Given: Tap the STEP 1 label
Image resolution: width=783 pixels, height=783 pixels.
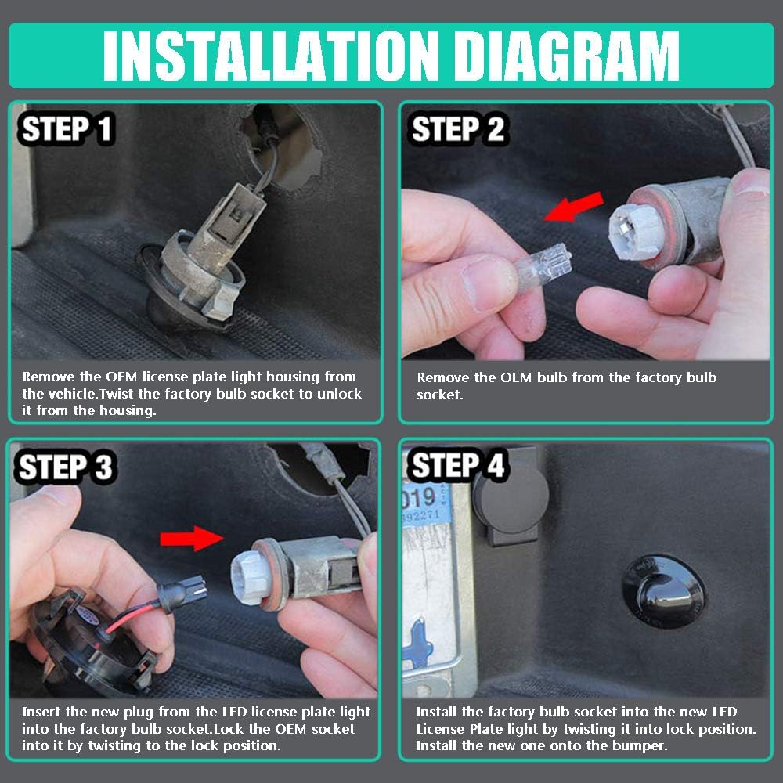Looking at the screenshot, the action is pos(67,129).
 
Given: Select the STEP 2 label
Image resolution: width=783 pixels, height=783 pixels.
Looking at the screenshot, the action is pos(457,129).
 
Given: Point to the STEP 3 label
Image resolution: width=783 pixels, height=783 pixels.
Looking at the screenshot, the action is pos(66,467).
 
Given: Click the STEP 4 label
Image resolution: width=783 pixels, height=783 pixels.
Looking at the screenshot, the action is pos(457,465).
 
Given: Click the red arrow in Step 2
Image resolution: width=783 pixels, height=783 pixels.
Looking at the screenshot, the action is pos(574,207).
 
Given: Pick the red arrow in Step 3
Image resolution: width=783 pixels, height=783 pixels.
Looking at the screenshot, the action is pos(192,539).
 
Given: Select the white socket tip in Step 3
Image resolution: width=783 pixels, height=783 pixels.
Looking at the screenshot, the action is pos(252,574).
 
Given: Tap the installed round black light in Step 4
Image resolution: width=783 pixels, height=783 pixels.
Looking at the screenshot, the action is pos(664,591).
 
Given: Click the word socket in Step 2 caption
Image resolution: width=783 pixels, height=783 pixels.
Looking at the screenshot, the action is pos(439,395).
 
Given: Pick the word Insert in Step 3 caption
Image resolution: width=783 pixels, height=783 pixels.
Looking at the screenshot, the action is pos(41,712).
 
